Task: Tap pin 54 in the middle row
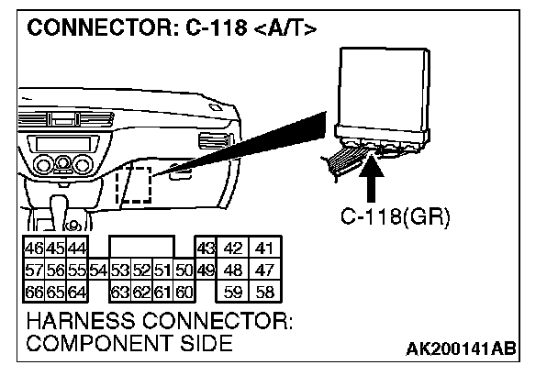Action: tap(99, 270)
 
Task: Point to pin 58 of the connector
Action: tap(265, 293)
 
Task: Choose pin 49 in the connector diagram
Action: tap(206, 270)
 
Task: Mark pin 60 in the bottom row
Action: tap(184, 293)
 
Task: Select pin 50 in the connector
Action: tap(184, 270)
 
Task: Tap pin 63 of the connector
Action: tap(118, 293)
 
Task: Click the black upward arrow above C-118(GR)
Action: tap(374, 180)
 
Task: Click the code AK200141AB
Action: tap(460, 348)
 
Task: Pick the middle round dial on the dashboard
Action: tap(61, 165)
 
